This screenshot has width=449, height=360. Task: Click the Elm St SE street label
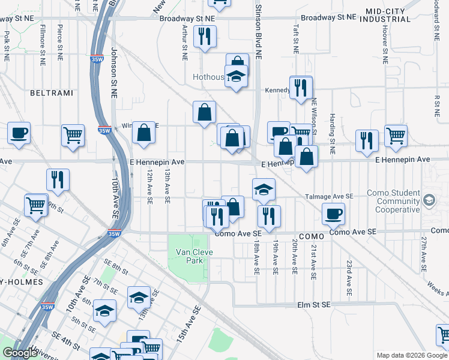(x=314, y=305)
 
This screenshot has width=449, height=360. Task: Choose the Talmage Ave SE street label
(x=330, y=196)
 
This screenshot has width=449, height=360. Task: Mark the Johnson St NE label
(x=113, y=72)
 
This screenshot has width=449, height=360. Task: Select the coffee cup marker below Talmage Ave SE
(x=333, y=213)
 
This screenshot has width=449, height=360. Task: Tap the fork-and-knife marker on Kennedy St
(x=301, y=88)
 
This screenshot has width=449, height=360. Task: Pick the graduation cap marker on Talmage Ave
(x=264, y=190)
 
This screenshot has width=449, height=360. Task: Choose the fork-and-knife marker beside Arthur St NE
(x=205, y=37)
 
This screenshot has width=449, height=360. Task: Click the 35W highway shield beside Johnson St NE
(x=104, y=130)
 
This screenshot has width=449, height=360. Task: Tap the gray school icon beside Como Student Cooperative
(x=429, y=200)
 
